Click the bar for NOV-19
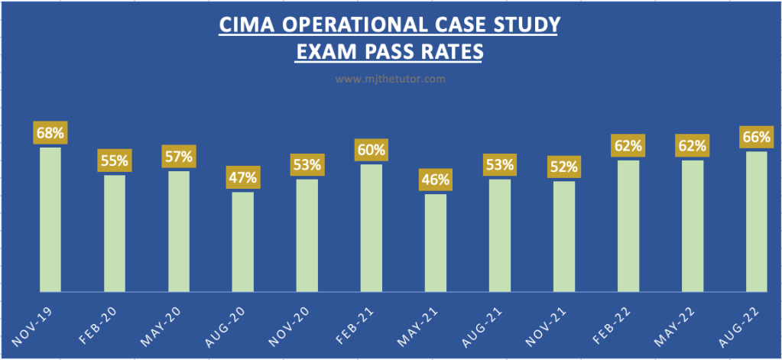50,219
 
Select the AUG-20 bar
242,242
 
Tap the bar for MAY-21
435,242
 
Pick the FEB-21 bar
371,228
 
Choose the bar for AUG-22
756,222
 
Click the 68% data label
50,132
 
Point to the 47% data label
242,178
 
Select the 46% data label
435,180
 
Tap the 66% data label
756,138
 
